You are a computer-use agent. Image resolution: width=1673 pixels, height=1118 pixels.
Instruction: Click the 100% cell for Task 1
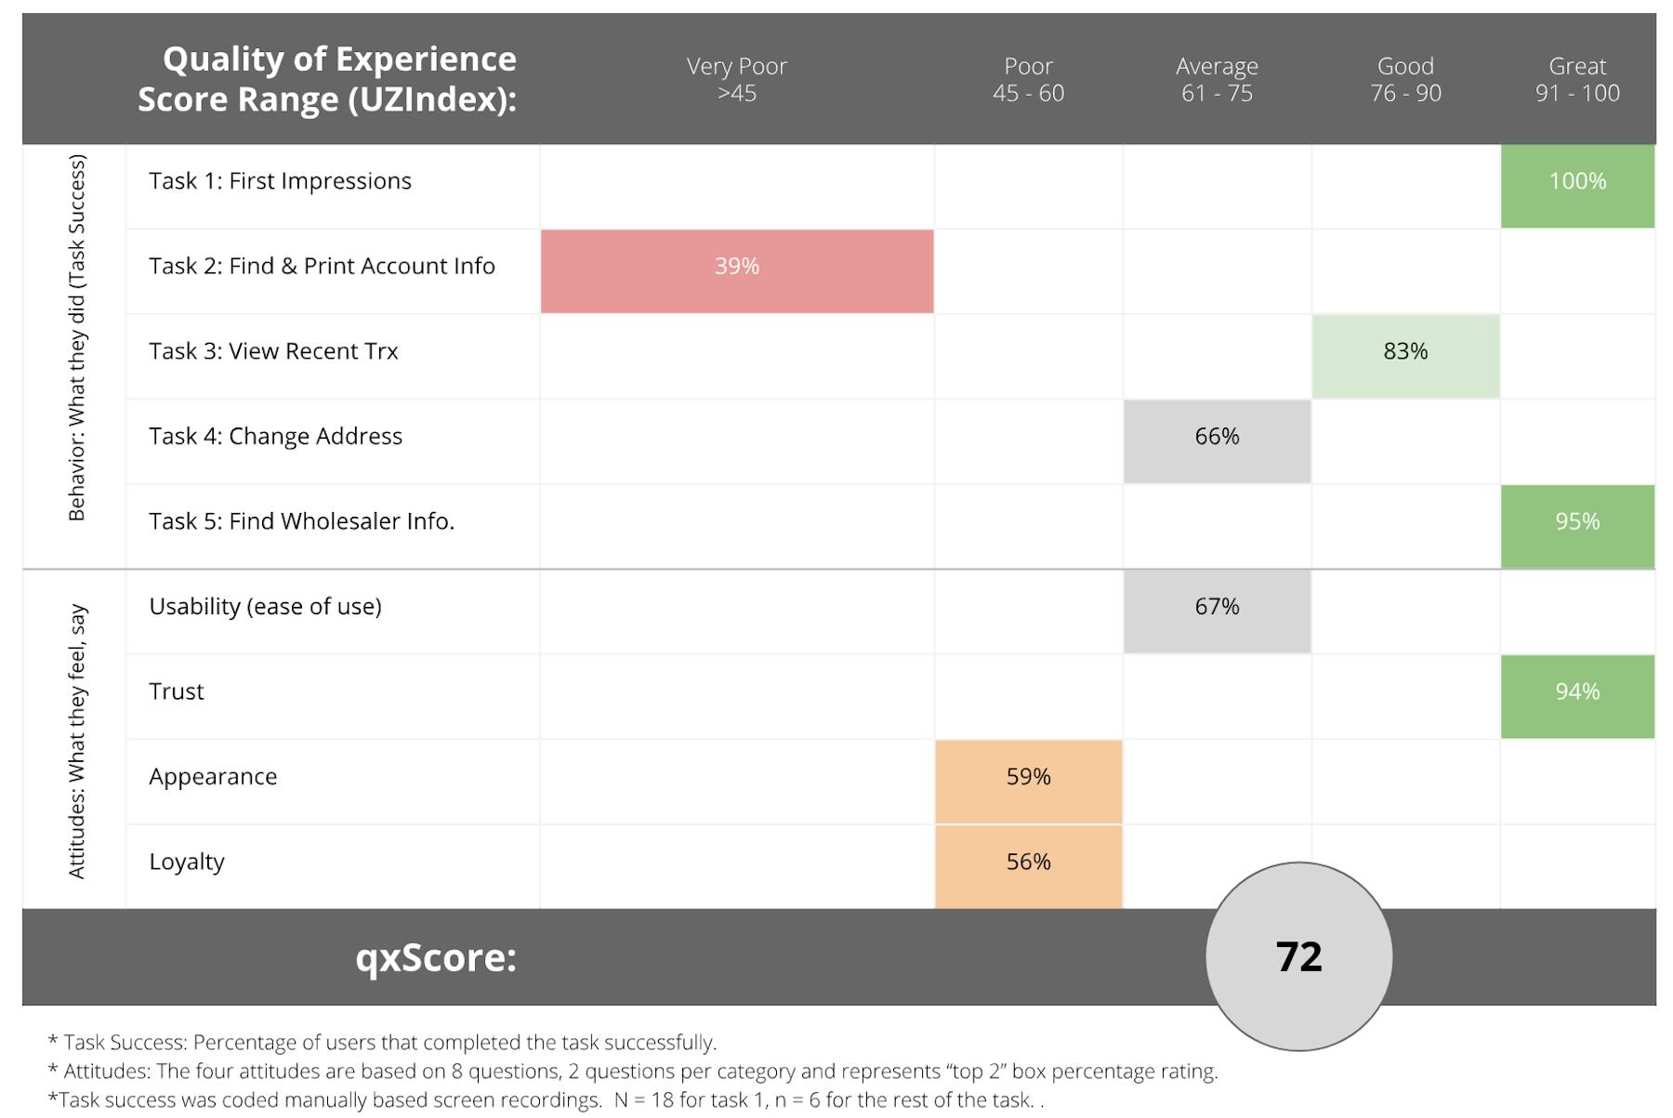point(1577,186)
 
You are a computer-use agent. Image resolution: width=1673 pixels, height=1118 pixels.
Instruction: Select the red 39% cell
point(737,271)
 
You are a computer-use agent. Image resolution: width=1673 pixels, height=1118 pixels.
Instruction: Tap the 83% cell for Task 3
point(1405,357)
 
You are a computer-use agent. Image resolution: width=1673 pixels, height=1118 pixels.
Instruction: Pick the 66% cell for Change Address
point(1217,441)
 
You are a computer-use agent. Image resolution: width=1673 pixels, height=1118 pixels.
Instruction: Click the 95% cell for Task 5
point(1577,527)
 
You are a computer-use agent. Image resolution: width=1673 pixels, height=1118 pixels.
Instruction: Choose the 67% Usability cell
point(1217,612)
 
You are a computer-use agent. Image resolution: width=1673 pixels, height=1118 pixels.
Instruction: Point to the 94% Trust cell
point(1577,697)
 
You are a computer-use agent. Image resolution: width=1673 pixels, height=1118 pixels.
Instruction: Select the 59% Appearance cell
point(1028,782)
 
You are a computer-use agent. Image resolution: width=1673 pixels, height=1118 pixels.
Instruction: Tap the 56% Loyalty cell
point(1028,867)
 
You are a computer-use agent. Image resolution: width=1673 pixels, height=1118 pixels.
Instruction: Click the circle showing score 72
point(1298,956)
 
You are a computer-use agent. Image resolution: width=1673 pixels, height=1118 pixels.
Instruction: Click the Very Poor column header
point(737,79)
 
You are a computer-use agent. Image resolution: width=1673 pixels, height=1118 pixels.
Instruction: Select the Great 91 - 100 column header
point(1577,79)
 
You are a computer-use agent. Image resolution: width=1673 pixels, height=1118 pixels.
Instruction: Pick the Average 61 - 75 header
point(1217,79)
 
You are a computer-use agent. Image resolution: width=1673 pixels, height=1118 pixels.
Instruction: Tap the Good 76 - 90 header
point(1405,79)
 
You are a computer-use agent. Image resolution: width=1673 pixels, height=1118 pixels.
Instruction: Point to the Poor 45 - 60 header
point(1028,79)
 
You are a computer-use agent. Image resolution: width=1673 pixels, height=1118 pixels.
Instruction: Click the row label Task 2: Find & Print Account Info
point(322,266)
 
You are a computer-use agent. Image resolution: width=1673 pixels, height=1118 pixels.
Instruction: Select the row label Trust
point(177,691)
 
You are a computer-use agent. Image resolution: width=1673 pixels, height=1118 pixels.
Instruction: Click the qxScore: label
point(436,957)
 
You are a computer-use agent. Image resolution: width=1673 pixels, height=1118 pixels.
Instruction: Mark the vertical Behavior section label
point(76,337)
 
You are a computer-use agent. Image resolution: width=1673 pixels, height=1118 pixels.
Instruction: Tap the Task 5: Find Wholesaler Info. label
point(302,521)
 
